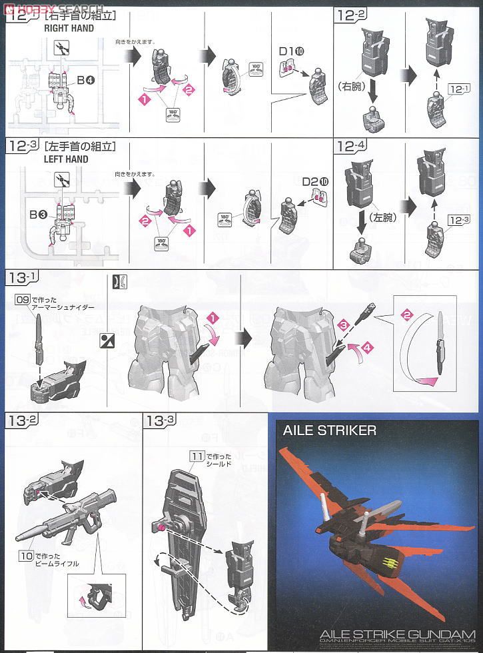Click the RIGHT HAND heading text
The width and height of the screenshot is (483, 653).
tap(69, 29)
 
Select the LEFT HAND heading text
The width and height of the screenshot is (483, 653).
tap(66, 159)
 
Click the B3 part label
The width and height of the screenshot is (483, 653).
tap(37, 215)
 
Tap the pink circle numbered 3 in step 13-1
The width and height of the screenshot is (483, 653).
tap(342, 325)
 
